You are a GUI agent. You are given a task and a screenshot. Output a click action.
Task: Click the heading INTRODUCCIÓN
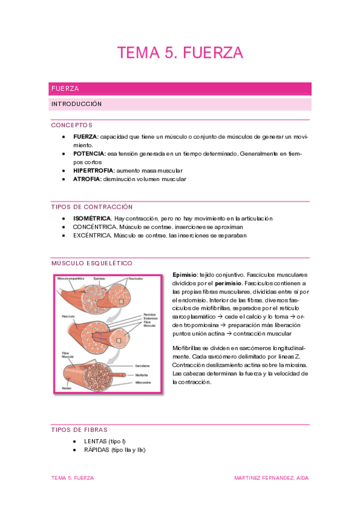[76, 104]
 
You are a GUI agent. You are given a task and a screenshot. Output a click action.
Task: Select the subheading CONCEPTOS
[72, 125]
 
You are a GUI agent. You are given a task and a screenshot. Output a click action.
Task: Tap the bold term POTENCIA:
[90, 154]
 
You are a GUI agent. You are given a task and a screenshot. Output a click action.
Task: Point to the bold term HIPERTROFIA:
[94, 171]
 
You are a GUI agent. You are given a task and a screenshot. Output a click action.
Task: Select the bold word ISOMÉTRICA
[92, 218]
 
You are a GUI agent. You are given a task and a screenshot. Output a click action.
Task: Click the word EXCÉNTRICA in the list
[93, 235]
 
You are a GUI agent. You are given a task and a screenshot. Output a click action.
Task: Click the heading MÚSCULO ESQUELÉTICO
[92, 263]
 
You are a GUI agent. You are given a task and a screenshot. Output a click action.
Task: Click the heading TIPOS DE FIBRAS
[79, 429]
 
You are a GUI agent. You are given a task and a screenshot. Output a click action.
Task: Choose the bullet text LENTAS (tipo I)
[105, 441]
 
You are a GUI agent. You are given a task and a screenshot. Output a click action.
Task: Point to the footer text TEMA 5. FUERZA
[72, 478]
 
